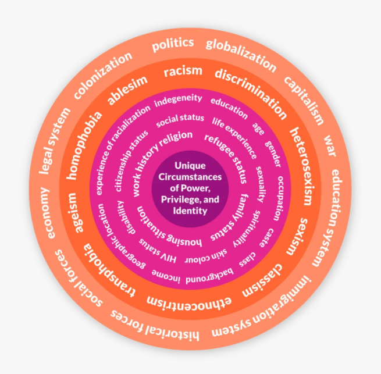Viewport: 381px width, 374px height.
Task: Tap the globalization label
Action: [240, 52]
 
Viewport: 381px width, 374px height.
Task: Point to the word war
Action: [330, 143]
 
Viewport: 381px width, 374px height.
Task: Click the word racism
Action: [183, 71]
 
